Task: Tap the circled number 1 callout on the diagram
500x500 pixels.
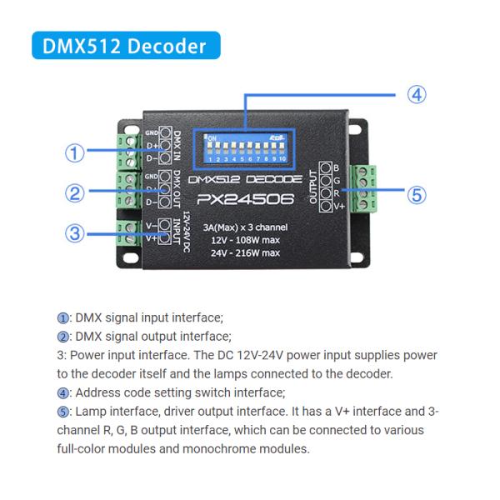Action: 76,153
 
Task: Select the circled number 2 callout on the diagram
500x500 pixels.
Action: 76,193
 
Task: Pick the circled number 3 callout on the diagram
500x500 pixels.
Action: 76,233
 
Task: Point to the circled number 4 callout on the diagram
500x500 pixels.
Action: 417,94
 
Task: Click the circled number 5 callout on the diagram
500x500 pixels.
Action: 417,195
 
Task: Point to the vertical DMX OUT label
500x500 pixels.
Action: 177,188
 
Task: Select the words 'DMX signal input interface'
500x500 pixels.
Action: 149,317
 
